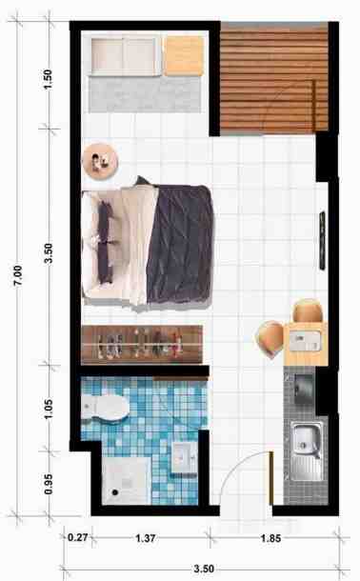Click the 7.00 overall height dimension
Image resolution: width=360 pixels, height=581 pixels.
pos(18,275)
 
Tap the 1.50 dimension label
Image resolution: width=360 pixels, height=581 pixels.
pos(49,80)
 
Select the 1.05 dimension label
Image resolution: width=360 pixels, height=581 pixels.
pos(49,409)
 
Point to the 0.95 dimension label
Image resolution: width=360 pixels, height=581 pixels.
pos(49,484)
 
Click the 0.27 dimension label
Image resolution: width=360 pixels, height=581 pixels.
pos(78,537)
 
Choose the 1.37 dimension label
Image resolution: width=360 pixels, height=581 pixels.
pos(145,538)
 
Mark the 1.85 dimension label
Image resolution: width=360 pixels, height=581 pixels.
pos(270,538)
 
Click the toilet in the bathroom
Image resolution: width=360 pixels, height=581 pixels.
pos(105,408)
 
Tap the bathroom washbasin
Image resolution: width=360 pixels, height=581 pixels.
pos(185,457)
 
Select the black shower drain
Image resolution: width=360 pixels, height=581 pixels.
pos(115,492)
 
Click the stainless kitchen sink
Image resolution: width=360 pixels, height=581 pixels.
pos(307,451)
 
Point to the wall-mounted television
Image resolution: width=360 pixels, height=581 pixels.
pos(323,240)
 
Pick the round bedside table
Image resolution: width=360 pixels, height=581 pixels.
pos(99,162)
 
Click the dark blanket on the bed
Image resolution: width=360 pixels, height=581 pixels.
pos(180,244)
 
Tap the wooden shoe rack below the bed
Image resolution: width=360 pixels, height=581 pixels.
pos(142,344)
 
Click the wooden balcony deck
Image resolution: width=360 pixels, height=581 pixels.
pos(274,78)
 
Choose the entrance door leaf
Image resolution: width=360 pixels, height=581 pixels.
pos(271,477)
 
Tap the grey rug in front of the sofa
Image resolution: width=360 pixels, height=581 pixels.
pos(145,94)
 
